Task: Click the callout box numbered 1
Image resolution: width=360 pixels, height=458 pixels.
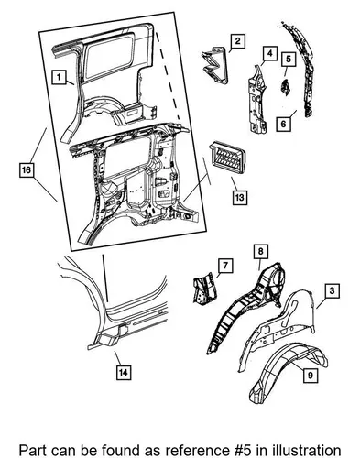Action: (59, 77)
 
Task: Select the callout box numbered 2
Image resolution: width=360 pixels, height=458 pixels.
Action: (238, 41)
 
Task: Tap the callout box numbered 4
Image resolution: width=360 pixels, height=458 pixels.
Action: (269, 53)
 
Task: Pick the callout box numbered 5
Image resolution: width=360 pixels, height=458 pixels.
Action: (289, 60)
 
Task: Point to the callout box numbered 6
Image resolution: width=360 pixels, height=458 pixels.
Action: (284, 124)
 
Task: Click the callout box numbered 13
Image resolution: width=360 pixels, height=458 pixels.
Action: (240, 197)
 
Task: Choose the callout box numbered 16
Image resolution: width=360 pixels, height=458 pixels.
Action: (27, 169)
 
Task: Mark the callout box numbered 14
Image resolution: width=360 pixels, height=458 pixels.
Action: (124, 372)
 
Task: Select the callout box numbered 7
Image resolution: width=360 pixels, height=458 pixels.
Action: (225, 266)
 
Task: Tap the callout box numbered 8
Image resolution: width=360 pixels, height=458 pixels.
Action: (261, 251)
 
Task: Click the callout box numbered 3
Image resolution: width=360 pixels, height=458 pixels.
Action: (333, 290)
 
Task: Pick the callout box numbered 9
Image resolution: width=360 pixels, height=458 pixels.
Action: (311, 375)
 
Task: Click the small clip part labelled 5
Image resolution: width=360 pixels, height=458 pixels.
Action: (286, 87)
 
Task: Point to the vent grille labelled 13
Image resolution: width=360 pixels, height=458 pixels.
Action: (227, 158)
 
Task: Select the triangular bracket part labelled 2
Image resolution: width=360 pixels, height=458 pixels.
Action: (215, 65)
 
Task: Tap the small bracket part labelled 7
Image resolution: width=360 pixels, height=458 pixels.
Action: (205, 288)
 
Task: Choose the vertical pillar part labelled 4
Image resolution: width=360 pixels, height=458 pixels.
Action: (256, 99)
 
